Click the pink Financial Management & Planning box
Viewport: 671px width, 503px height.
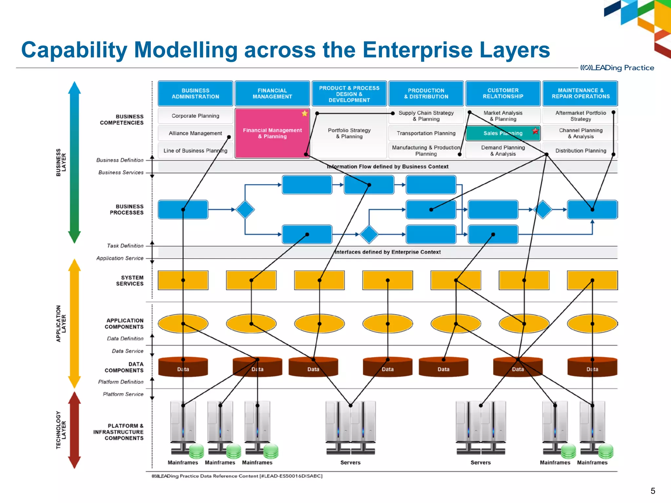[x=272, y=133]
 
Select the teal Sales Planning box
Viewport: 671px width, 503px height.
[x=503, y=133]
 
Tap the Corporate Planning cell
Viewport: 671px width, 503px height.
[x=195, y=116]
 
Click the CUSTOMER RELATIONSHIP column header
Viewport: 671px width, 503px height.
[x=503, y=93]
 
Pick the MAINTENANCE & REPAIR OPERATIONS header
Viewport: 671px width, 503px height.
[x=580, y=93]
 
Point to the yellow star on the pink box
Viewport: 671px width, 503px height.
[x=305, y=113]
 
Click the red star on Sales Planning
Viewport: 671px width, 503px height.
[x=535, y=131]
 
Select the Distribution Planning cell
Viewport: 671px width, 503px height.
[x=580, y=151]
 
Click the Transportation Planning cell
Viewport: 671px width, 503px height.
[x=426, y=133]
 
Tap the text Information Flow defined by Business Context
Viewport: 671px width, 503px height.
[x=388, y=167]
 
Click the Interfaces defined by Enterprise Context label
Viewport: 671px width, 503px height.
[x=388, y=252]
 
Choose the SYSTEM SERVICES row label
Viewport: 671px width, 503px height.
[x=129, y=281]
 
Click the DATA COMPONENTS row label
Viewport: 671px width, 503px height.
[x=124, y=367]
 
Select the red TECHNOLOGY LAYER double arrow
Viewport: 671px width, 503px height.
[x=74, y=430]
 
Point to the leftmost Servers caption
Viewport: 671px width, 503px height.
[x=350, y=462]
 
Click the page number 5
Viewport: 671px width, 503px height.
[x=653, y=491]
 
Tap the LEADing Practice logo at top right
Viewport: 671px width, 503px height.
[x=617, y=68]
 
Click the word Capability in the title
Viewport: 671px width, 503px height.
[x=74, y=50]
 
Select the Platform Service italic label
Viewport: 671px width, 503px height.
[x=123, y=394]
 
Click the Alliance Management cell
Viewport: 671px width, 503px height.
[x=195, y=133]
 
